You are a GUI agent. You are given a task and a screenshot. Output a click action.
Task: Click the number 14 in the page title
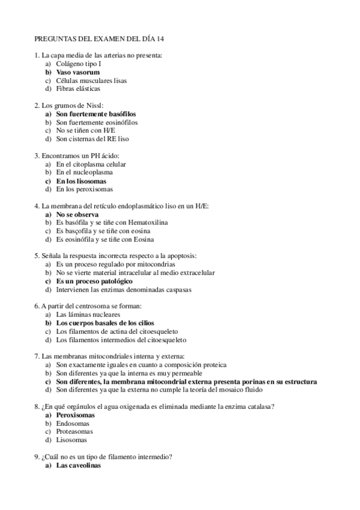click(160, 39)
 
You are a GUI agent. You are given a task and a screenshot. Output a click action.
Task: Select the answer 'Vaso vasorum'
click(78, 72)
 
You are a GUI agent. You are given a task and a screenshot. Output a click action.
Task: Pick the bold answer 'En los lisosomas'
click(81, 180)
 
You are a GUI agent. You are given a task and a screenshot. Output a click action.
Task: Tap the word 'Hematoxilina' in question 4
click(148, 223)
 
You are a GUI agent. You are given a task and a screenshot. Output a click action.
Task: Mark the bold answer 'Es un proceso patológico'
click(94, 281)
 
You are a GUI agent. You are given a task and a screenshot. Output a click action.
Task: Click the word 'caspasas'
click(178, 289)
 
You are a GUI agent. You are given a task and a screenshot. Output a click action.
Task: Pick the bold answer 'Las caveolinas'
click(79, 465)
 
